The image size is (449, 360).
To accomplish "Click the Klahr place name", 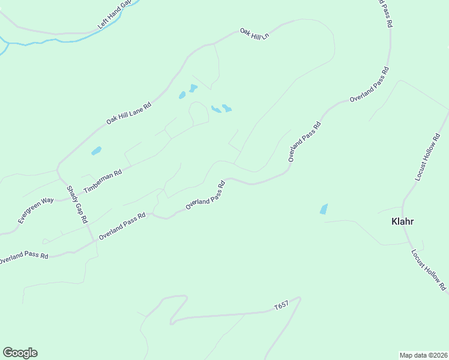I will [402, 221].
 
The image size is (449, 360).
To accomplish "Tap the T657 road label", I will [281, 307].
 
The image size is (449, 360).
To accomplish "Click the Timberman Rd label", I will [103, 181].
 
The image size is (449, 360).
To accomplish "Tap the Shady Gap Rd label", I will [77, 205].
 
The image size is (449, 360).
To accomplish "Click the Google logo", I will [20, 353].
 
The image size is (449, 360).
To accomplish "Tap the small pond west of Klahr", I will [324, 209].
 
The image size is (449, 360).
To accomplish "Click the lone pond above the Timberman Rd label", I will [96, 151].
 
